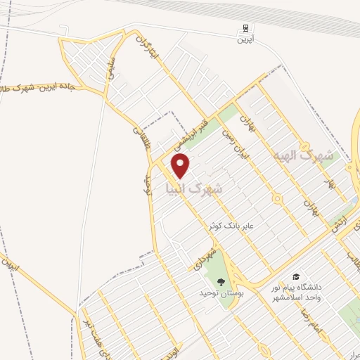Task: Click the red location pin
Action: coord(181,165)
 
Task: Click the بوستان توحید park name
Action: coord(221,291)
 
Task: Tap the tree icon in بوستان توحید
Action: coord(221,281)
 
